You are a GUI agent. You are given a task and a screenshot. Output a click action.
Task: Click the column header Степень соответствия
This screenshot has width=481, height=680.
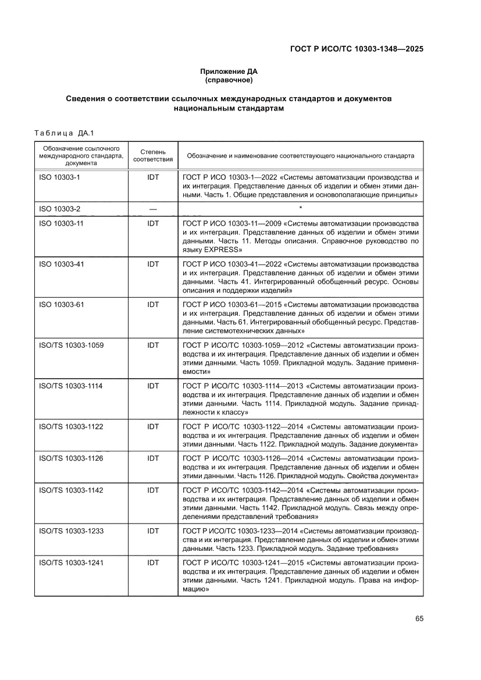point(153,155)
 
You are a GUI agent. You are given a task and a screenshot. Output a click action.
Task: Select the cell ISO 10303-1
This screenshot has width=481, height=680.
point(59,176)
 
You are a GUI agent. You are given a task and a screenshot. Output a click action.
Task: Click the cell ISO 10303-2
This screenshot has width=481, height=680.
point(59,209)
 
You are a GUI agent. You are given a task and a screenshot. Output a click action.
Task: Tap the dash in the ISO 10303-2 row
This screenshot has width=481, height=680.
point(153,209)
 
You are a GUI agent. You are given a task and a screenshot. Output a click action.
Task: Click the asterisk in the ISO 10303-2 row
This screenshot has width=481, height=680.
point(300,208)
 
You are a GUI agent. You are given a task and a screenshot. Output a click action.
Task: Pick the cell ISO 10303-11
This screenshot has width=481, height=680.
point(61,223)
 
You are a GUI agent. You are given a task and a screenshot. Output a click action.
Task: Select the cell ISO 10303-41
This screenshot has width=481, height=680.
point(61,264)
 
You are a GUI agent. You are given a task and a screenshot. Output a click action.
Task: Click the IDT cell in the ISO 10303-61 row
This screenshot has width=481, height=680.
point(153,304)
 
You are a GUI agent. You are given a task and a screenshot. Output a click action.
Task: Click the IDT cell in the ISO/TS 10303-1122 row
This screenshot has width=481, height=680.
point(153,426)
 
